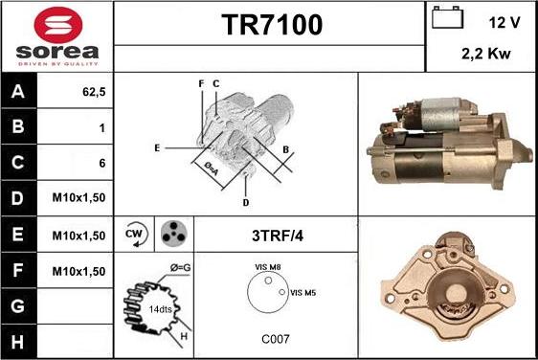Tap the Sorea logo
(56, 35)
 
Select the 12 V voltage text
(504, 20)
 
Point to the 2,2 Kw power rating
(483, 56)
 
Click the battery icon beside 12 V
(447, 18)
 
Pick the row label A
(19, 92)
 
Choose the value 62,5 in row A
(93, 92)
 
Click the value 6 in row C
(101, 163)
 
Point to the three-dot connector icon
(172, 234)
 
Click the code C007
(275, 339)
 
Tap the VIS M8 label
(268, 268)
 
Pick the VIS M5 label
(303, 292)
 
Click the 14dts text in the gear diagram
(160, 309)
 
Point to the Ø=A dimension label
(213, 169)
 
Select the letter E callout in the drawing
(156, 147)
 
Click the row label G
(19, 305)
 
